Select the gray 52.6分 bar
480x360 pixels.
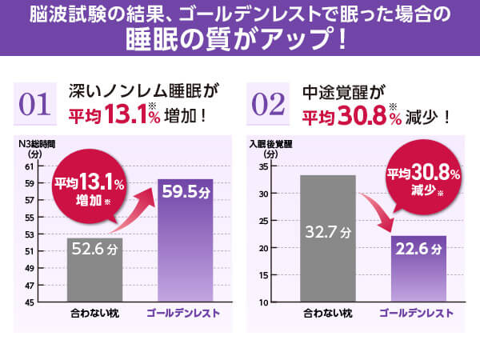(x=95, y=268)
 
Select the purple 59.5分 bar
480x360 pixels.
(x=185, y=240)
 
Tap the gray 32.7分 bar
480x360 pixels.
(x=327, y=238)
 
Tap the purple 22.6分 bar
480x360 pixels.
(x=418, y=268)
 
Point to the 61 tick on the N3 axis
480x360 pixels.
(x=30, y=166)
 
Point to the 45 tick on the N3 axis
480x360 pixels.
(x=30, y=302)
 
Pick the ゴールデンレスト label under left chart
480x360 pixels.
(x=184, y=314)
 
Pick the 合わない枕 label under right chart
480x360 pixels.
(x=327, y=314)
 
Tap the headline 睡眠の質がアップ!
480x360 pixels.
(x=239, y=38)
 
